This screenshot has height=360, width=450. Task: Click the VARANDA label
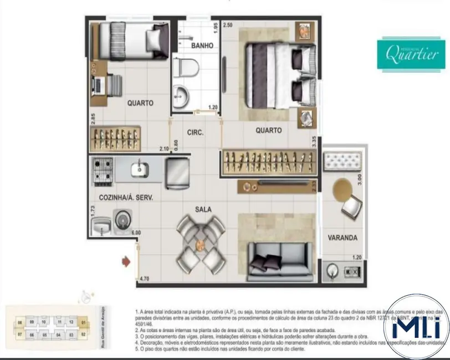[342, 238]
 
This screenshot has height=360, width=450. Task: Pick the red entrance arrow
[127, 261]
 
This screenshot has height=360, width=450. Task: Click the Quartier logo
[411, 54]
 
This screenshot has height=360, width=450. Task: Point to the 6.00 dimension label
[136, 233]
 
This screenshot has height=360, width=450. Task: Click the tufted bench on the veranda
[343, 161]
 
